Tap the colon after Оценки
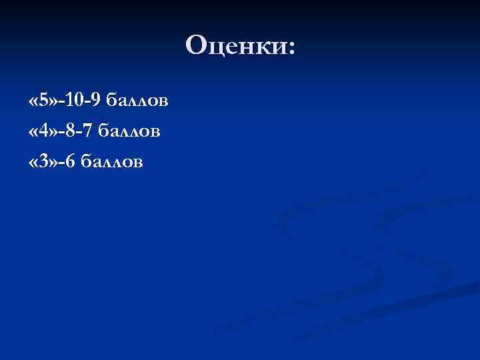coord(290,47)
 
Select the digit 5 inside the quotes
coord(43,102)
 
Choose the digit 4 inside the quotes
coord(43,132)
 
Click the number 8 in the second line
coord(69,132)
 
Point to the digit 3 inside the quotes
coord(43,162)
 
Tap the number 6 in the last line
coord(69,162)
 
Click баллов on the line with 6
coord(111,162)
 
